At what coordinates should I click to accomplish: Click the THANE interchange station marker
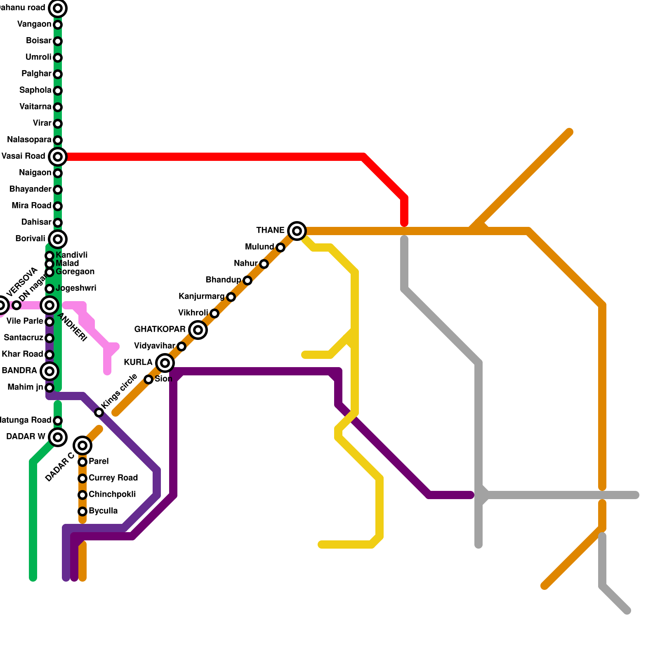(x=297, y=231)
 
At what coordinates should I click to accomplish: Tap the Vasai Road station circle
(x=58, y=157)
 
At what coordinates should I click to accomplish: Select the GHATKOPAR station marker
(x=198, y=330)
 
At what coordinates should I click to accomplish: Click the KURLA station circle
(x=165, y=363)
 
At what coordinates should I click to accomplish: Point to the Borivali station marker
(x=58, y=239)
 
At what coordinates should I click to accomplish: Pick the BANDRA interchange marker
(x=49, y=371)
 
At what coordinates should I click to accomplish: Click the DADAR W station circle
(x=58, y=437)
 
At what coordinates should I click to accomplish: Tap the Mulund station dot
(x=280, y=247)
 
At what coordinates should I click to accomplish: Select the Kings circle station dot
(x=99, y=412)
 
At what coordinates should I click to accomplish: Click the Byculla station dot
(x=82, y=511)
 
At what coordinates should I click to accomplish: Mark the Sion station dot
(x=148, y=379)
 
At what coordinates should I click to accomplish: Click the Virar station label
(x=42, y=123)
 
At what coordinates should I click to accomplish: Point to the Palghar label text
(x=36, y=74)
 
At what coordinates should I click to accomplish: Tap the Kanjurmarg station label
(x=201, y=297)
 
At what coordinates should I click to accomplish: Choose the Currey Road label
(x=113, y=478)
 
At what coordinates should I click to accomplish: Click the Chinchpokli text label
(x=112, y=495)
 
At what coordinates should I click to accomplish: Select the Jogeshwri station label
(x=76, y=288)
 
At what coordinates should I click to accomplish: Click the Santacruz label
(x=24, y=338)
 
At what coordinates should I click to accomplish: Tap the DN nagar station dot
(x=16, y=305)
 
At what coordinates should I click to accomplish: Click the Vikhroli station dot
(x=214, y=313)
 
